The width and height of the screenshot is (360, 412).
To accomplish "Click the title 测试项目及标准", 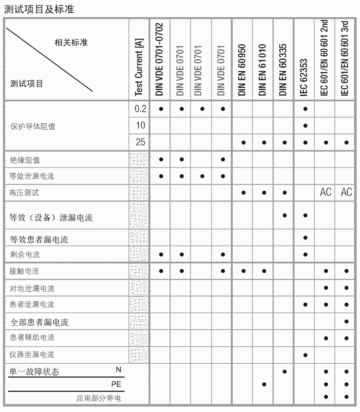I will (x=39, y=9).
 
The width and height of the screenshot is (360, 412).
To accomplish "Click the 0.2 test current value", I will (x=140, y=109).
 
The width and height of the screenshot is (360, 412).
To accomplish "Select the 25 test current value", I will (x=140, y=142).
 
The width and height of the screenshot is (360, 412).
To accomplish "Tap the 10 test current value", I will (x=140, y=126).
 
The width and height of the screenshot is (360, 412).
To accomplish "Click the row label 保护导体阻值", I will (x=33, y=126).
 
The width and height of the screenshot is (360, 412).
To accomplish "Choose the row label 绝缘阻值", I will (x=25, y=160).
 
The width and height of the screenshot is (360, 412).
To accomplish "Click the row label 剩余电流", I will (x=25, y=255).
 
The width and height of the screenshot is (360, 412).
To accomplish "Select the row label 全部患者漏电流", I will (x=39, y=322).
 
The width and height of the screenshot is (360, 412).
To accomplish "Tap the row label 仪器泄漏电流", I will (x=32, y=355).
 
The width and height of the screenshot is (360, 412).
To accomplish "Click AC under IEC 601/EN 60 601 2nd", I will (x=325, y=192).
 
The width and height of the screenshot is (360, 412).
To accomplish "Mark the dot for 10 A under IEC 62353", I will (x=305, y=126).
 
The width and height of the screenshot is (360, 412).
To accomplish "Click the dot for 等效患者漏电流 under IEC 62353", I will (x=305, y=238).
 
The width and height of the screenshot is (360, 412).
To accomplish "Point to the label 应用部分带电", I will (x=99, y=398).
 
